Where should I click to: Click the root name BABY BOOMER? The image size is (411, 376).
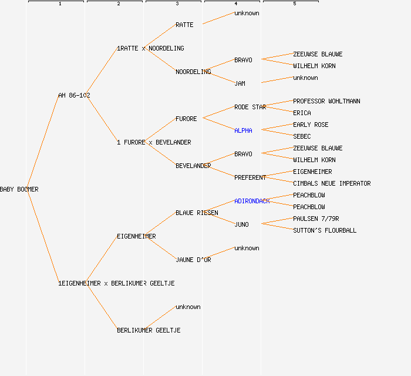[x=19, y=189]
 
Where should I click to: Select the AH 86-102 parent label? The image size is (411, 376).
[x=74, y=95]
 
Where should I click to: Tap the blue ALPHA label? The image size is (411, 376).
[x=243, y=130]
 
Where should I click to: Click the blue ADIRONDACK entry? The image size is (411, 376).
[x=252, y=201]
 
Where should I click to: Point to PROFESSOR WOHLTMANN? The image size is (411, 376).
[x=326, y=101]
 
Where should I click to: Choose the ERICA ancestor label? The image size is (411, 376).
[x=302, y=113]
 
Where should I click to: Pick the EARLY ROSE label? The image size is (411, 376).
[x=311, y=125]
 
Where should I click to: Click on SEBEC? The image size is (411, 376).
[x=302, y=136]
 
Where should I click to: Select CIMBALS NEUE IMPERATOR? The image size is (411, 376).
[x=332, y=183]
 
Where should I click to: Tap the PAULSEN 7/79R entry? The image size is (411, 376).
[x=316, y=219]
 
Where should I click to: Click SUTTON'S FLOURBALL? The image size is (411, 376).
[x=325, y=230]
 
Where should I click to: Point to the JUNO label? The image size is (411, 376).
[x=241, y=224]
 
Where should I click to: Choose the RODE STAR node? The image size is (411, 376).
[x=250, y=107]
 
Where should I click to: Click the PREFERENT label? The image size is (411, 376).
[x=250, y=177]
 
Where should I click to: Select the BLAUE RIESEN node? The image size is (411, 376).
[x=197, y=213]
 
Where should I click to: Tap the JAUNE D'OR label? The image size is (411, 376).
[x=193, y=260]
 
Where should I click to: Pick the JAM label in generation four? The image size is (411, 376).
[x=240, y=83]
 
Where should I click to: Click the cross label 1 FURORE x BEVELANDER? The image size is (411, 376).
[x=154, y=142]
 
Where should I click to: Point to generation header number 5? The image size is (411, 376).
[x=295, y=4]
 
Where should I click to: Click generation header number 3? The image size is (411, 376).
[x=177, y=4]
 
